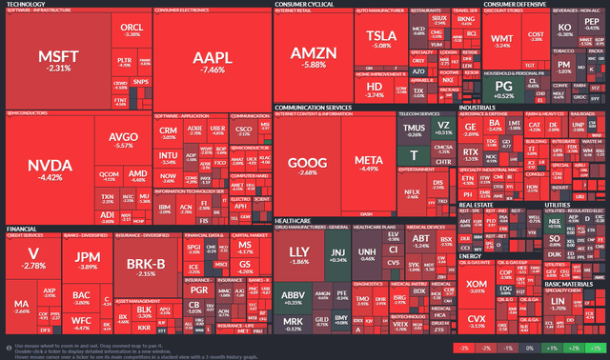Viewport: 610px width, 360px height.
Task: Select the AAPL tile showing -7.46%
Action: point(210,61)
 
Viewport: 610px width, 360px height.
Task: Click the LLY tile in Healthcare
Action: point(299,255)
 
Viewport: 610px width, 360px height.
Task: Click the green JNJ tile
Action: point(337,255)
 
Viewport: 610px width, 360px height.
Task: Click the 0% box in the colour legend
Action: point(531,350)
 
